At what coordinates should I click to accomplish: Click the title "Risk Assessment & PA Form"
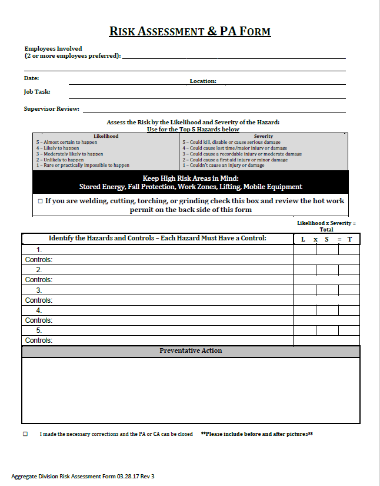(190, 31)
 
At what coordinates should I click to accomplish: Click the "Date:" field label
(31, 78)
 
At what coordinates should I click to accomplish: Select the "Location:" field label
(203, 81)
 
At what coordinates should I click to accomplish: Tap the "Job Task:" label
(37, 92)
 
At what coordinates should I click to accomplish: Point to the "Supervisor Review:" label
(52, 109)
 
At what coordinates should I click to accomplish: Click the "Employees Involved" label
(53, 48)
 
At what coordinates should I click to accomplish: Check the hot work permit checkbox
(40, 201)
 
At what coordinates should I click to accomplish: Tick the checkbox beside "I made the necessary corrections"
(25, 434)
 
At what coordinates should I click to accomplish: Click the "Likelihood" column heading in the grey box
(106, 136)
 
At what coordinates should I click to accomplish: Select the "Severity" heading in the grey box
(263, 136)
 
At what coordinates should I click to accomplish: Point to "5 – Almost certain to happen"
(66, 142)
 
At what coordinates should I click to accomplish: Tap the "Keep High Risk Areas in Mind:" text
(191, 178)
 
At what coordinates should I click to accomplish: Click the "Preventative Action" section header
(191, 351)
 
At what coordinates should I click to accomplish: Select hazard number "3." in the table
(39, 290)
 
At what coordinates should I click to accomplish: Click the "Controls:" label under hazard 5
(39, 340)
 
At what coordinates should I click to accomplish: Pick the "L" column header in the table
(303, 239)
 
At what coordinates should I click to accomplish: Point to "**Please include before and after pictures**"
(256, 434)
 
